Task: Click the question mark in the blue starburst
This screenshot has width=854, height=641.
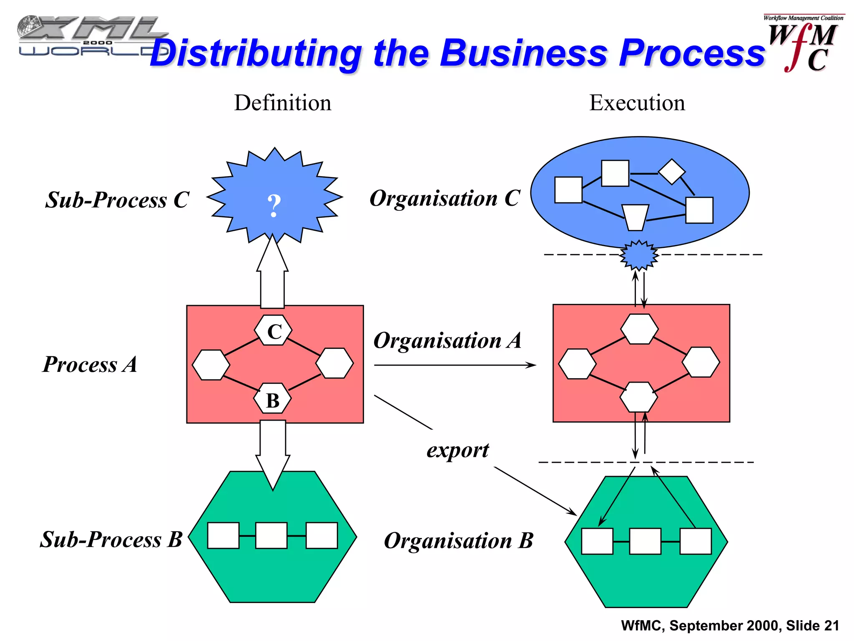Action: click(274, 206)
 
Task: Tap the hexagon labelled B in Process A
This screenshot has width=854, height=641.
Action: click(272, 399)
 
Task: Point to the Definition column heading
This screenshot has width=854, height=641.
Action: click(283, 103)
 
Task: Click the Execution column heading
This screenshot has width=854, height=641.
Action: click(637, 103)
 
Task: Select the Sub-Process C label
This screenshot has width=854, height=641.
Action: click(117, 199)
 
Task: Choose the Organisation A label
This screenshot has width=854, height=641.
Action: click(447, 341)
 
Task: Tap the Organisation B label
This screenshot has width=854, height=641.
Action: click(458, 540)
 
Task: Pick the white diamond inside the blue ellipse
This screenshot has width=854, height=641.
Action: click(671, 172)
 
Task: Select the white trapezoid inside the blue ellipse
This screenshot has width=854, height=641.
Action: click(635, 217)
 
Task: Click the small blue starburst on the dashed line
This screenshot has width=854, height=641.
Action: click(639, 255)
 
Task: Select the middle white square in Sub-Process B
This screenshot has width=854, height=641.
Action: click(271, 535)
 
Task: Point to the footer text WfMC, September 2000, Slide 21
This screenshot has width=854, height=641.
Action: click(730, 626)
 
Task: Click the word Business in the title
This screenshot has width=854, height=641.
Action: click(523, 53)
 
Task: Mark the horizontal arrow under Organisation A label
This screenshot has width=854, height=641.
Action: click(455, 365)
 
